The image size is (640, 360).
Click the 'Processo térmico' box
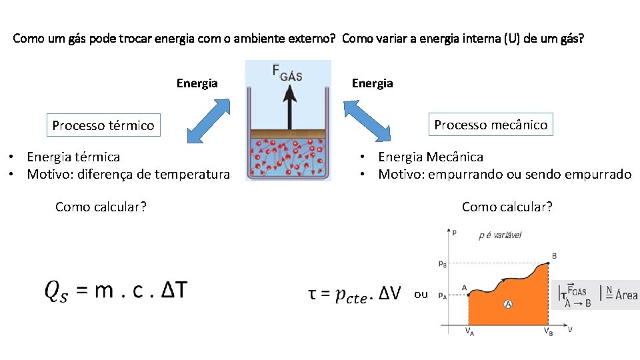click(x=103, y=125)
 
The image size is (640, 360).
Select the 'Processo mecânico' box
click(x=491, y=125)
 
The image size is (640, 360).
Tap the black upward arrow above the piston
click(x=289, y=106)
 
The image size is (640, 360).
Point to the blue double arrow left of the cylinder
click(x=208, y=121)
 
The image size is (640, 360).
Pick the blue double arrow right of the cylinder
click(x=367, y=121)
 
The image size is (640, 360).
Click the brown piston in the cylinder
click(x=288, y=133)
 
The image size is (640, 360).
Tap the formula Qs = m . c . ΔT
click(x=116, y=291)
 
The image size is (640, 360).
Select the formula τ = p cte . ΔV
click(x=355, y=293)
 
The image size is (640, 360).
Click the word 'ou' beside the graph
click(x=421, y=294)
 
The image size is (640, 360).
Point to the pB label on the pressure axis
click(x=443, y=264)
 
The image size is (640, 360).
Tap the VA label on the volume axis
click(x=469, y=332)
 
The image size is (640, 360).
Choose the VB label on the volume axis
click(x=547, y=332)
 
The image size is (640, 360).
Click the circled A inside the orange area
click(x=508, y=304)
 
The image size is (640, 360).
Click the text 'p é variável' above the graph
click(x=500, y=235)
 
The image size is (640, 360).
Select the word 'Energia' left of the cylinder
click(x=197, y=83)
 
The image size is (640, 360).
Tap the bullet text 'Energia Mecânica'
click(x=431, y=157)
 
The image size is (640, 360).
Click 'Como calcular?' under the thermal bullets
click(x=101, y=207)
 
